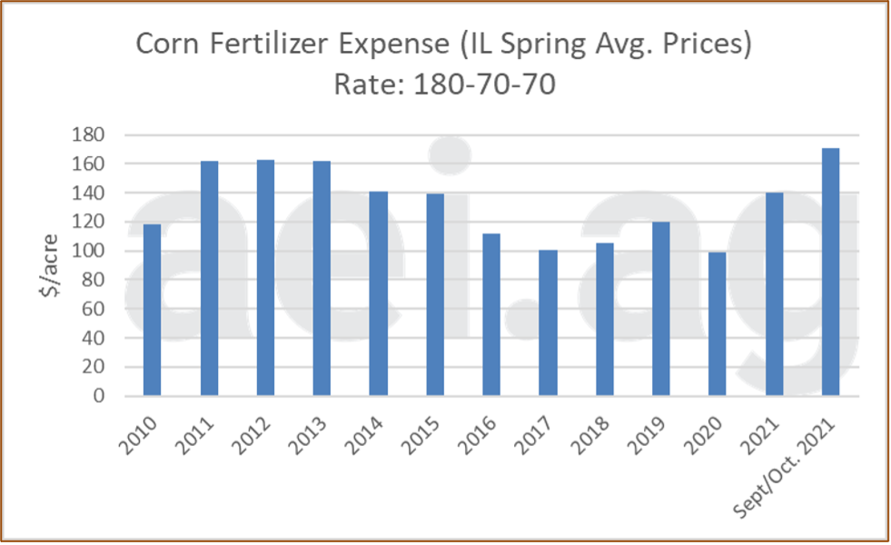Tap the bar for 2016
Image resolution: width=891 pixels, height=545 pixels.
[491, 315]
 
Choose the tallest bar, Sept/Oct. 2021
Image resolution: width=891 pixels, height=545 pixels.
[830, 272]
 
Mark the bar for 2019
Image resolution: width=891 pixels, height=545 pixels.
[661, 309]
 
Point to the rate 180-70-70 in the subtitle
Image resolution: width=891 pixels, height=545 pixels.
[484, 85]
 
